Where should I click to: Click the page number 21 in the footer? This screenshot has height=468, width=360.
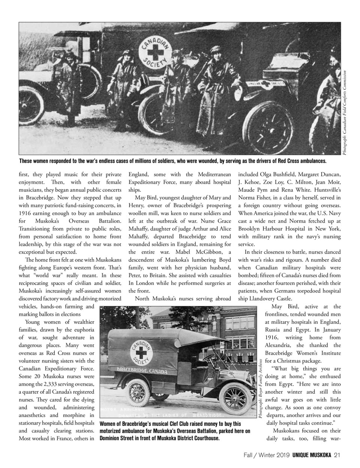[x=337, y=455]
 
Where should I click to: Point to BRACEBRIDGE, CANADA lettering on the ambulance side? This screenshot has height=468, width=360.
[x=142, y=372]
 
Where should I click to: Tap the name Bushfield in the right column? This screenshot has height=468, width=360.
[x=283, y=174]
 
